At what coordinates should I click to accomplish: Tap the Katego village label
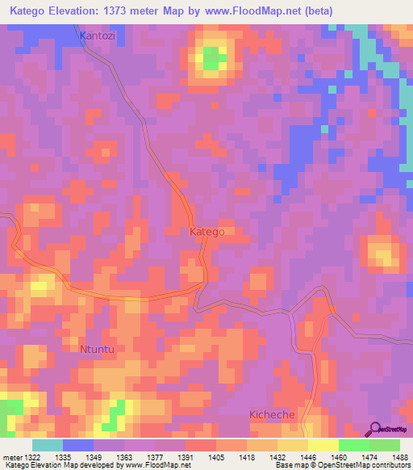coord(206,232)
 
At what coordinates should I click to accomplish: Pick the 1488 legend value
coord(398,456)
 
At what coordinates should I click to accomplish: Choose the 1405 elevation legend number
coord(216,456)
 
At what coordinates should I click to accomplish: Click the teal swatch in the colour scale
coord(48,445)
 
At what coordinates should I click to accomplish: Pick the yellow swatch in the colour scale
coord(323,445)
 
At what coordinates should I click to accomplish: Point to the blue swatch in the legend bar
coord(78,445)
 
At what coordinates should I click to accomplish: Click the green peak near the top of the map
coord(213,57)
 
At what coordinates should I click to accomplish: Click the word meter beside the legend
coord(11,456)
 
